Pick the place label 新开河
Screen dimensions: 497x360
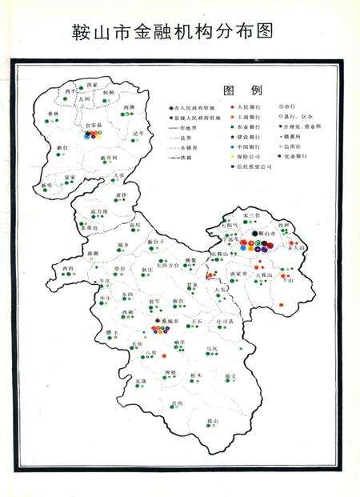(x=109, y=158)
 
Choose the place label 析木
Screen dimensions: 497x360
(x=196, y=375)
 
